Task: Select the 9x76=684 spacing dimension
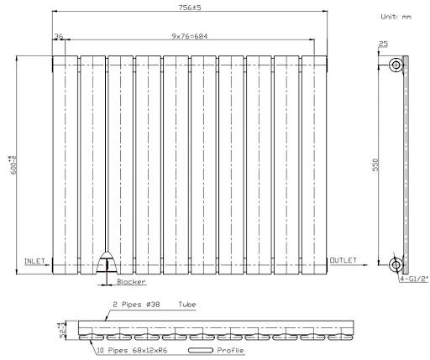[x=191, y=35]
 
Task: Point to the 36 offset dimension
[x=58, y=35]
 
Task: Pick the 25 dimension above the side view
[x=384, y=44]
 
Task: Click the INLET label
[x=34, y=260]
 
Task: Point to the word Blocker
[x=132, y=283]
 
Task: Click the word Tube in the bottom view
[x=187, y=305]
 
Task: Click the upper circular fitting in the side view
[x=396, y=65]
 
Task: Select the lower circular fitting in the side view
[x=396, y=265]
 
